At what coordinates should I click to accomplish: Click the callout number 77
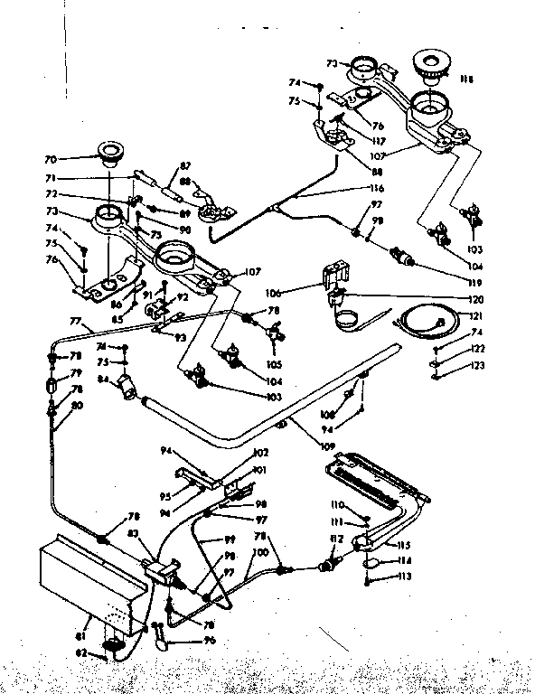click(75, 320)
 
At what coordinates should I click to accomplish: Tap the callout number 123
click(476, 366)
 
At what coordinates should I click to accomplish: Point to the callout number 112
click(336, 541)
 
